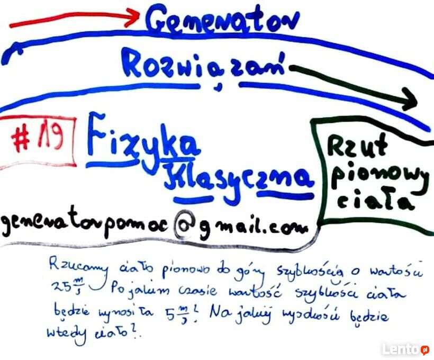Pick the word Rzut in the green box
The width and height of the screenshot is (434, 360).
point(357,146)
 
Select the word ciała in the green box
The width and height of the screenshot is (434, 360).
point(375,202)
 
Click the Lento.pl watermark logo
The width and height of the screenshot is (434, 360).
point(405,349)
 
